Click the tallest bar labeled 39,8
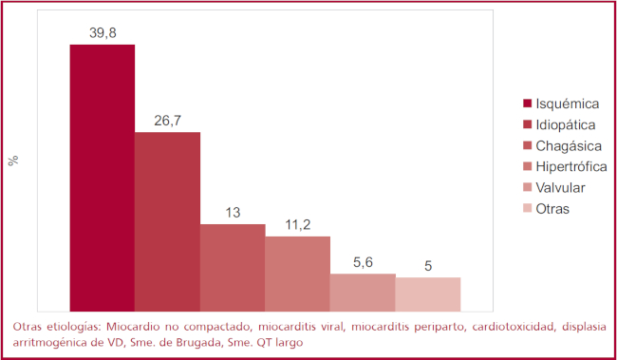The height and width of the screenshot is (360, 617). pyautogui.click(x=102, y=178)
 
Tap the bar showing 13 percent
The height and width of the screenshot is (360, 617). pyautogui.click(x=233, y=267)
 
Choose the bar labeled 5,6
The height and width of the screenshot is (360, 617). pyautogui.click(x=363, y=292)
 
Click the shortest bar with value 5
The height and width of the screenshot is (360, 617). pyautogui.click(x=428, y=294)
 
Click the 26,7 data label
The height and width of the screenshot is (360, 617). pyautogui.click(x=167, y=120)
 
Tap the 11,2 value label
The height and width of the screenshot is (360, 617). pyautogui.click(x=298, y=224)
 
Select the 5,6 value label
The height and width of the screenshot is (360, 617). pyautogui.click(x=363, y=261)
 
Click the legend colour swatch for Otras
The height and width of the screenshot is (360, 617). pyautogui.click(x=526, y=208)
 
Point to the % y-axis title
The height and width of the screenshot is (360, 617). pyautogui.click(x=13, y=161)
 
